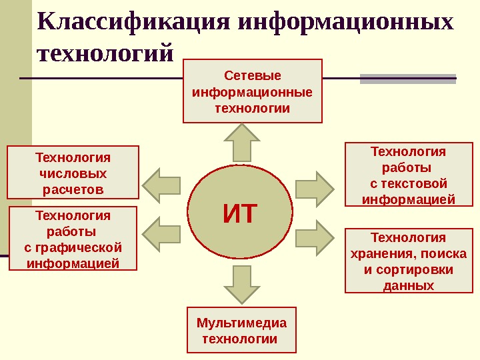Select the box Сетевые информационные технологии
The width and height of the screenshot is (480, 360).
pos(253,91)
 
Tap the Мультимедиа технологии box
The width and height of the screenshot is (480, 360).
pos(241,331)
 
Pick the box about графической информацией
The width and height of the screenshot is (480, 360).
pos(73,239)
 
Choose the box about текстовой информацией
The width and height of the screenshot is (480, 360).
pos(408,175)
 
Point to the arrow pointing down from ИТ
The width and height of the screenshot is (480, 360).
pos(241,283)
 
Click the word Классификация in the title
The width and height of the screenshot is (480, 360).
pos(133,21)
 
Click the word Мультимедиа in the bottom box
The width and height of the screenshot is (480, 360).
pos(241,323)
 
